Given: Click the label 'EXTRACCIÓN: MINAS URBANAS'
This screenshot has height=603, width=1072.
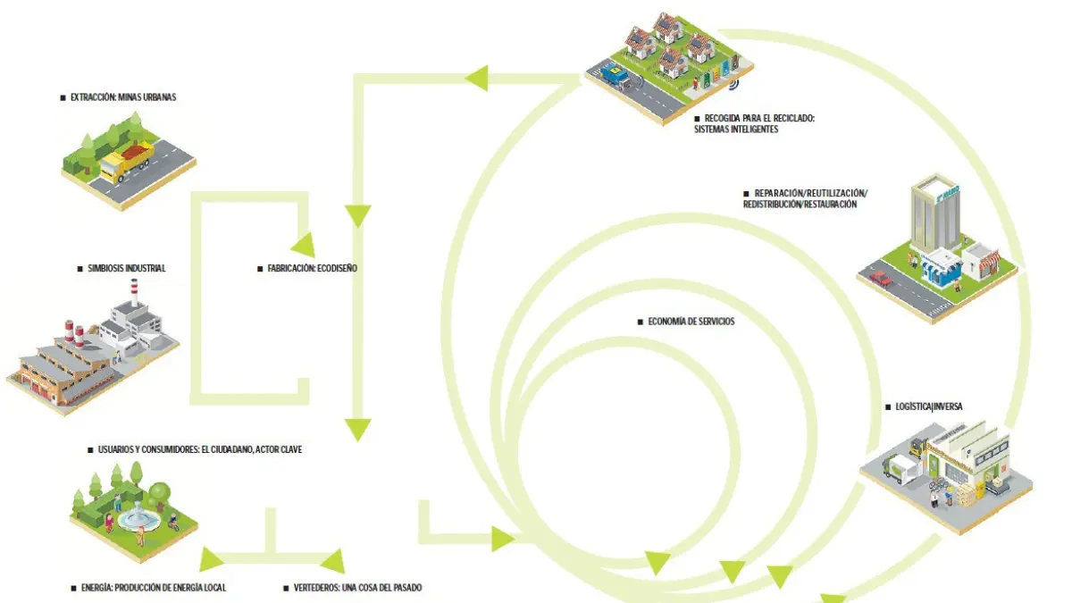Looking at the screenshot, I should pyautogui.click(x=123, y=96).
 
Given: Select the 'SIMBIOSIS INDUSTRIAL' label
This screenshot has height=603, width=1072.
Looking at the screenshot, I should pyautogui.click(x=126, y=268).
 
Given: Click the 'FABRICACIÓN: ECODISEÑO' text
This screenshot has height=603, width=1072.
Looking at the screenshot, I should pyautogui.click(x=312, y=268).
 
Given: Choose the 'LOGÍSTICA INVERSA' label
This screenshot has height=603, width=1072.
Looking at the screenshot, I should pyautogui.click(x=928, y=406).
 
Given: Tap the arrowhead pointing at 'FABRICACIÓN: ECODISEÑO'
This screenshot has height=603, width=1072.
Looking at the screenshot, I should pyautogui.click(x=303, y=243).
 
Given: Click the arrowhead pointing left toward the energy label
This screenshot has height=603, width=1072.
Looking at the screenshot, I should pyautogui.click(x=213, y=559).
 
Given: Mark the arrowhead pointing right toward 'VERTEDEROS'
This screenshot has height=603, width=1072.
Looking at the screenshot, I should pyautogui.click(x=332, y=561).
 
